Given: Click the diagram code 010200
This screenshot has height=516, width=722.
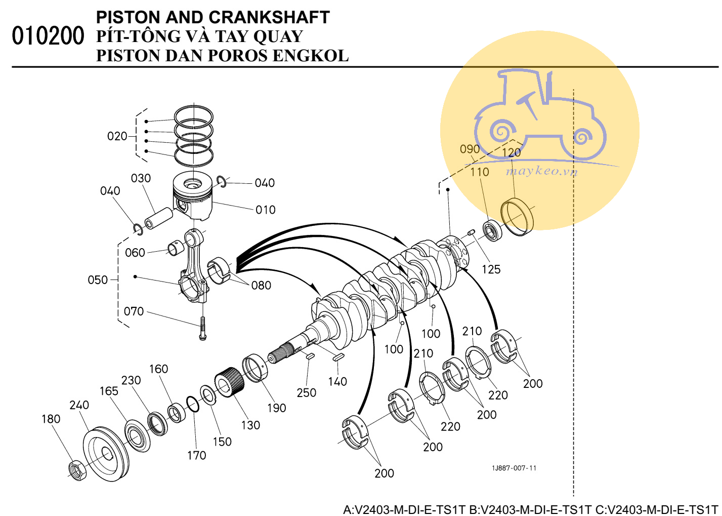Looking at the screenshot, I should tap(48, 36).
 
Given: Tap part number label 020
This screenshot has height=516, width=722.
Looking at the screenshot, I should tap(117, 136).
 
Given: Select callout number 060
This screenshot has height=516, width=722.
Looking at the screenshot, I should tap(135, 253).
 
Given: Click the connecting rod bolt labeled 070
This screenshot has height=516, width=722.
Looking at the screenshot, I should tap(203, 329).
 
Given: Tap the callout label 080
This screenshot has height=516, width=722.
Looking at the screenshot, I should tap(261, 286).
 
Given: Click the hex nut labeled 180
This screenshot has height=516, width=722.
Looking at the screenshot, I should tap(77, 470).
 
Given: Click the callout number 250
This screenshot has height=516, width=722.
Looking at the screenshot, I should tap(306, 393).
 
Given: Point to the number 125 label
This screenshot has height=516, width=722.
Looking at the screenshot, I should tap(491, 269).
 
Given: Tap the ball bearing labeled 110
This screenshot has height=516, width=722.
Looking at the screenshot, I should tap(492, 231).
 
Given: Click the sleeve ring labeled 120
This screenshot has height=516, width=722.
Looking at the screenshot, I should tap(517, 218).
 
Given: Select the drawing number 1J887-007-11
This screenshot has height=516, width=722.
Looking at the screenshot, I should tap(514, 468).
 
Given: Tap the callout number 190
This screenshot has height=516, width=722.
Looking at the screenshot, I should tap(276, 408).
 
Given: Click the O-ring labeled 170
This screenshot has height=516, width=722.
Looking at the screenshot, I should tap(192, 404).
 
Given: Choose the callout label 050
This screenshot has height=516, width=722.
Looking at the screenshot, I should tap(98, 280).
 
